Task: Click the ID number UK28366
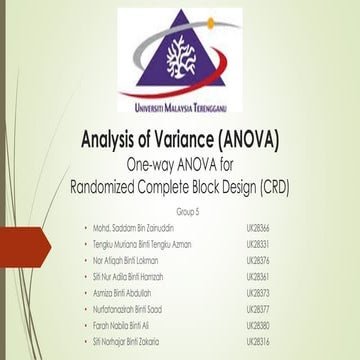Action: tap(259, 229)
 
